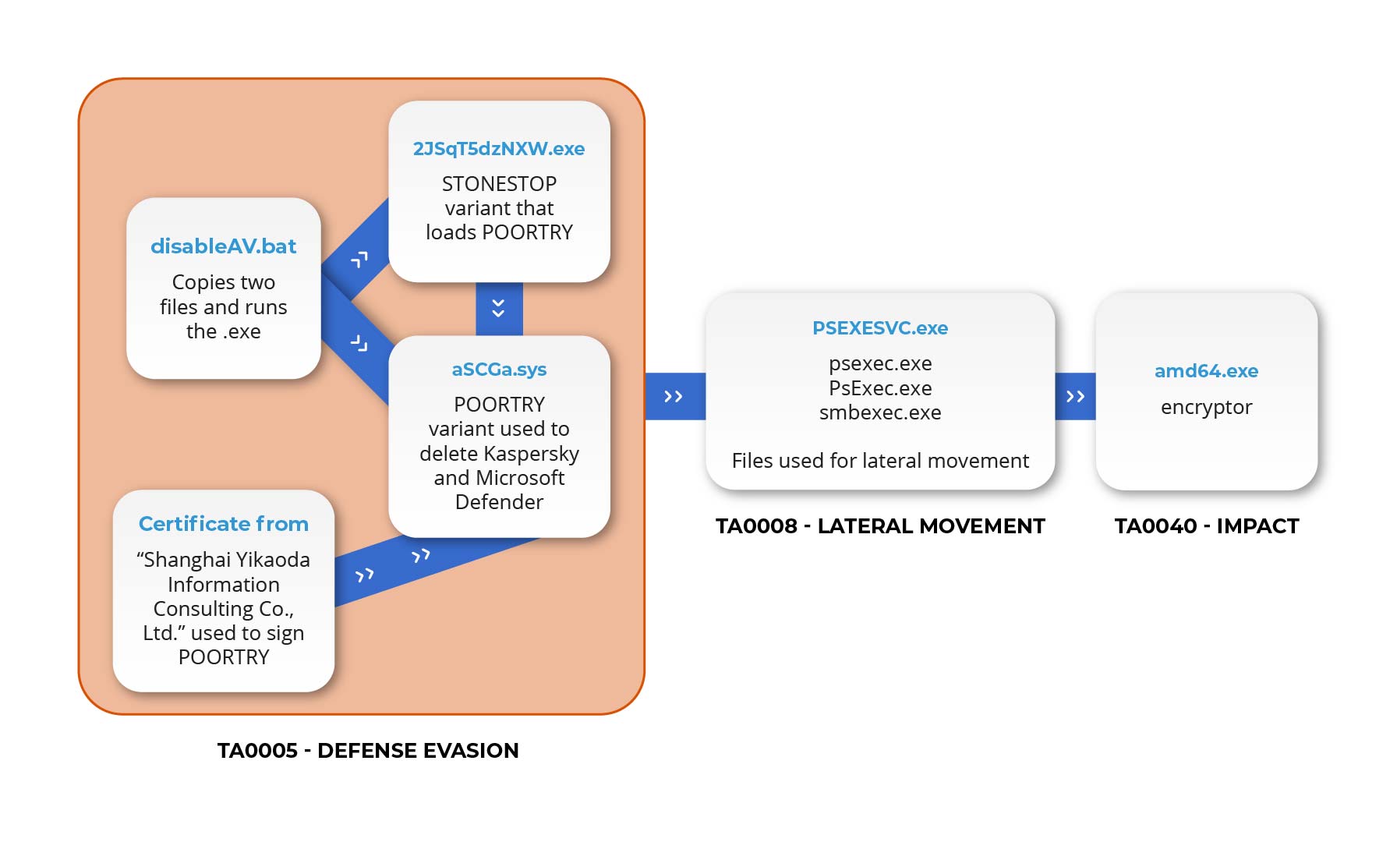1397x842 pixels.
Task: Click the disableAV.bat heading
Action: [x=223, y=246]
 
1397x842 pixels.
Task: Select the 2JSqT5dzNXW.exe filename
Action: [x=499, y=149]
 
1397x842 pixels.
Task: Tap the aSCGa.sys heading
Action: [x=499, y=370]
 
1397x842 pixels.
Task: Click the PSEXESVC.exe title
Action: [x=880, y=328]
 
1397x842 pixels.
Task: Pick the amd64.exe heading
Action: [x=1206, y=371]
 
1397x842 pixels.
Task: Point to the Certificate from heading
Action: [x=223, y=524]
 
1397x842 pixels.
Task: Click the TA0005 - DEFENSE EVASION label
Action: [x=368, y=751]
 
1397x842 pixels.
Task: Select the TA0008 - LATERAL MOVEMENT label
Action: [x=880, y=526]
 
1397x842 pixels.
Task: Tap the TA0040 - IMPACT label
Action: [x=1206, y=526]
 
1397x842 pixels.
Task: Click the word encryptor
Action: [x=1206, y=407]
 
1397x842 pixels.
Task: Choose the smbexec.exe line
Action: [x=880, y=412]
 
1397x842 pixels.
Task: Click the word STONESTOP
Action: [x=499, y=184]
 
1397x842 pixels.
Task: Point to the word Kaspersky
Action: [x=532, y=454]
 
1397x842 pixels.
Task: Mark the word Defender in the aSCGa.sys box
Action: [x=499, y=502]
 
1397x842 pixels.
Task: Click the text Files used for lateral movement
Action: [x=880, y=461]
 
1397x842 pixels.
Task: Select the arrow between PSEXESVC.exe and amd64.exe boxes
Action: [x=1075, y=397]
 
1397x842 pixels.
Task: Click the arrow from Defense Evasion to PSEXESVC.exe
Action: [x=674, y=397]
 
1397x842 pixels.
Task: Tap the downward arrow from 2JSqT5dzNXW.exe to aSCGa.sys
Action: [x=499, y=308]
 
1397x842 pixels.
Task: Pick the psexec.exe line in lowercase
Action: [x=880, y=363]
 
